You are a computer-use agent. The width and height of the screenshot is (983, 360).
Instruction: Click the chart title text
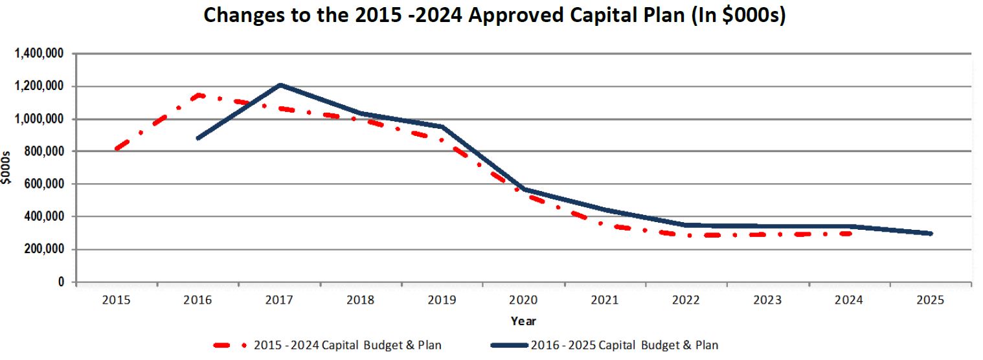494,16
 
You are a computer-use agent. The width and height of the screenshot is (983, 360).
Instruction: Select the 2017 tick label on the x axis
279,300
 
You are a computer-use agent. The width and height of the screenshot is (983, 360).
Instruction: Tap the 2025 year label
931,300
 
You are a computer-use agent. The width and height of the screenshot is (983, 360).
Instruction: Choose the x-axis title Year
523,321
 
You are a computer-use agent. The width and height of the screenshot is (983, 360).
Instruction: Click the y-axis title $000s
6,167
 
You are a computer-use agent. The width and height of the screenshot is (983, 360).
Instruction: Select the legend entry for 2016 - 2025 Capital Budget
624,345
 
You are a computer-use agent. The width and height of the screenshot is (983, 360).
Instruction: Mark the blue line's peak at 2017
280,85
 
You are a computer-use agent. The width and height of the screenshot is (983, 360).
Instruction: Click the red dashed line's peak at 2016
198,95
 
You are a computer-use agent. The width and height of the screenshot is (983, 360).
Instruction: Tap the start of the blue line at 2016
198,138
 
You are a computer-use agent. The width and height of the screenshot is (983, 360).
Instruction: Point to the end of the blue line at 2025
931,233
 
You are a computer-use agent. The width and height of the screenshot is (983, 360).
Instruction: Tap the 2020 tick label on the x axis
523,300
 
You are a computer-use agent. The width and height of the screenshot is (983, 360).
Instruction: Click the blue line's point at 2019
442,126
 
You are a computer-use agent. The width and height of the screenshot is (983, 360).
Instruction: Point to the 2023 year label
768,300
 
